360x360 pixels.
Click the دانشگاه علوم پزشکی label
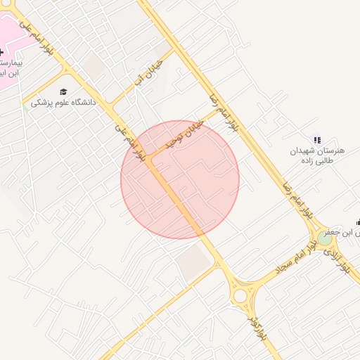click(x=63, y=103)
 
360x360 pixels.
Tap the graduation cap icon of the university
click(x=63, y=92)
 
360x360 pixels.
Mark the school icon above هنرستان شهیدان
click(x=316, y=141)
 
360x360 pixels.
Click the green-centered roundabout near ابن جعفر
click(x=324, y=238)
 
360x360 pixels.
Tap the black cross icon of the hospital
click(x=1, y=52)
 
